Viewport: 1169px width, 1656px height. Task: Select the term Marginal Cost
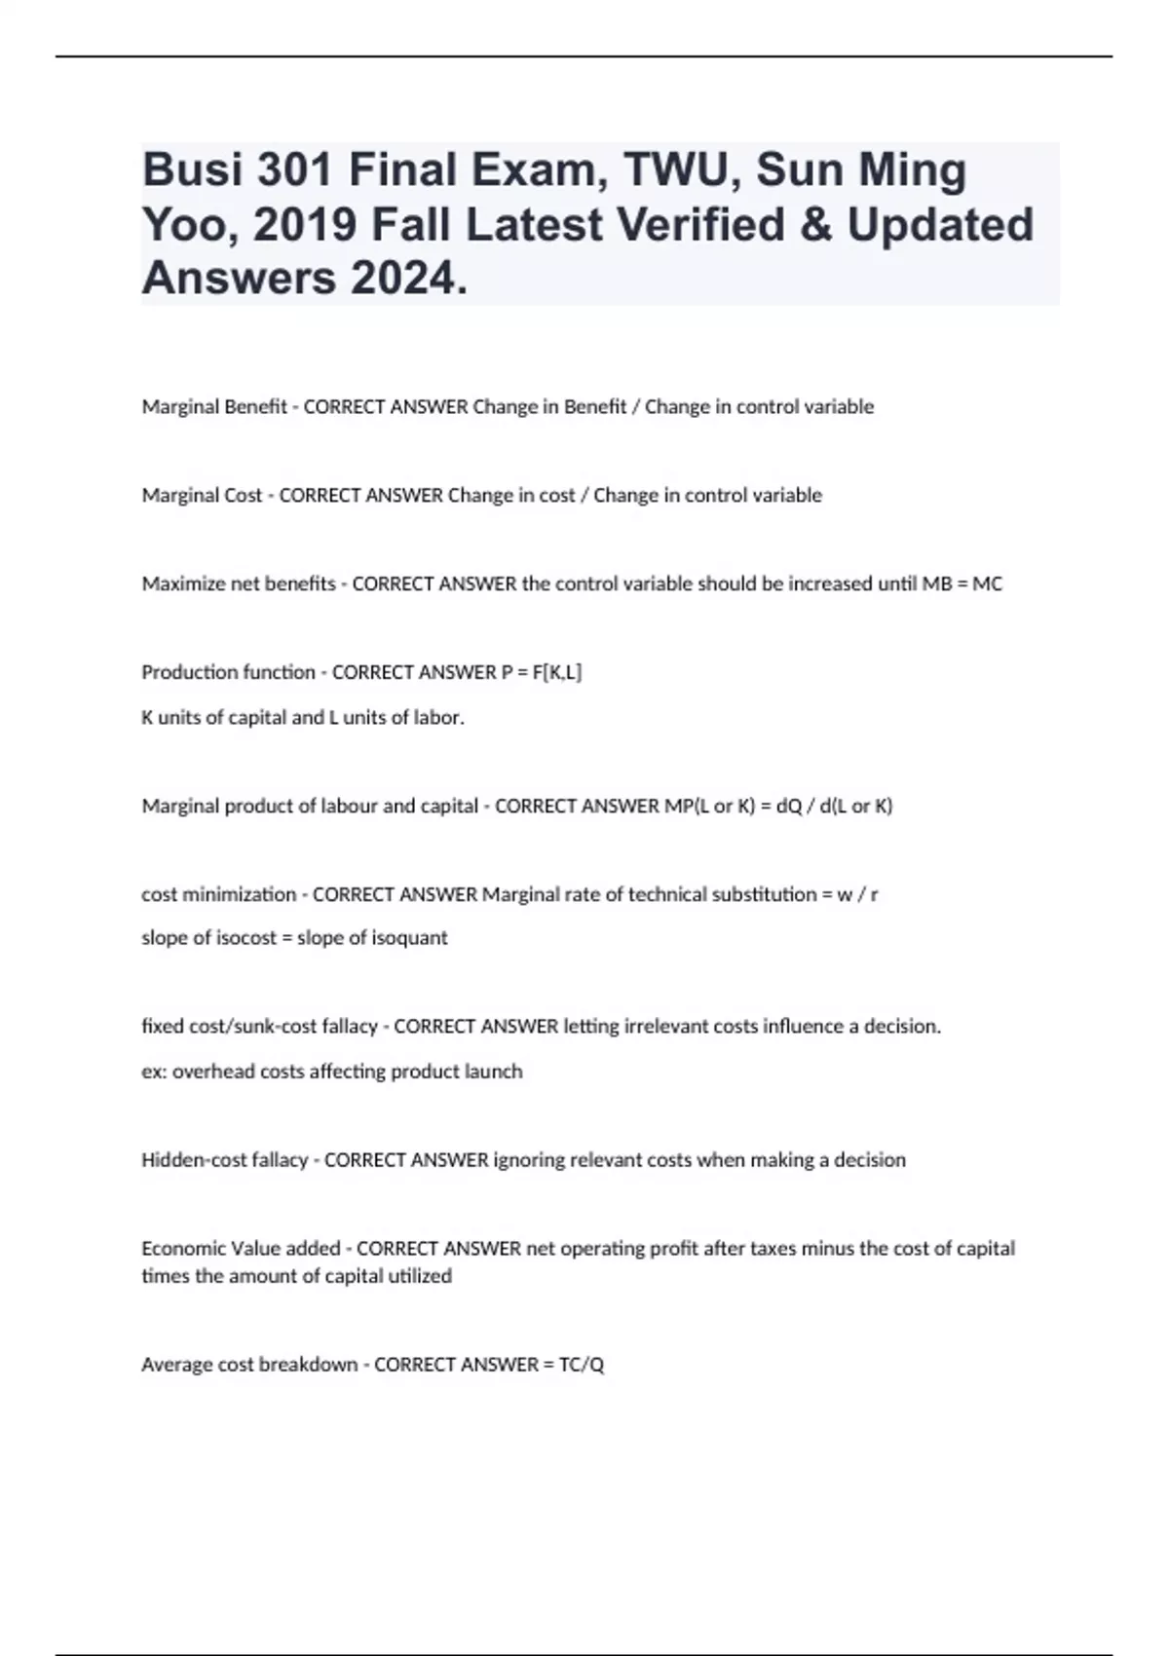point(202,496)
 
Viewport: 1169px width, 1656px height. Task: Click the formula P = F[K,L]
point(542,672)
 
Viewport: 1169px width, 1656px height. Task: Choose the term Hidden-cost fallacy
point(225,1160)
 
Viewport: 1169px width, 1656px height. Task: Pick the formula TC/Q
point(582,1365)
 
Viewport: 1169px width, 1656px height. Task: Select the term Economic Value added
point(241,1249)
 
